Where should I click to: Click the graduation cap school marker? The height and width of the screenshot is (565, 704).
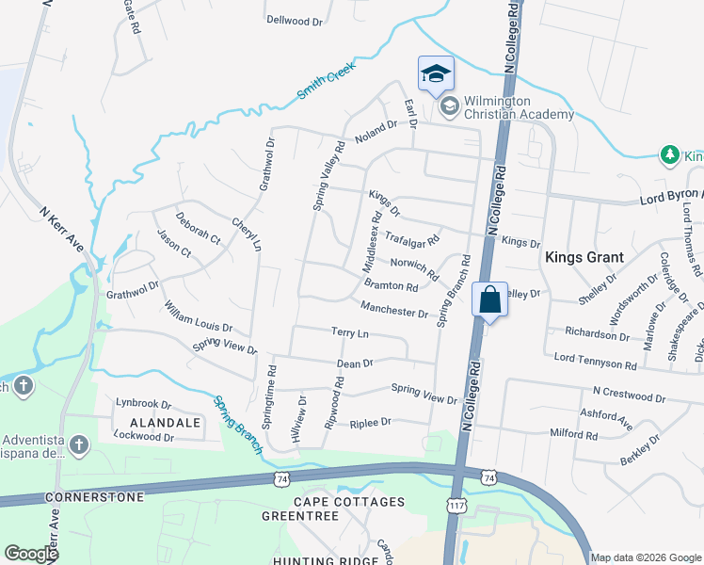tap(436, 73)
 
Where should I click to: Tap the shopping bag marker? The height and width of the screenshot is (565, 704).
tap(489, 300)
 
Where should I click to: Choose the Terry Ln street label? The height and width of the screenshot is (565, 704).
tap(349, 333)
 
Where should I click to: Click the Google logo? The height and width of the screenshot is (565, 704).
tap(31, 554)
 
